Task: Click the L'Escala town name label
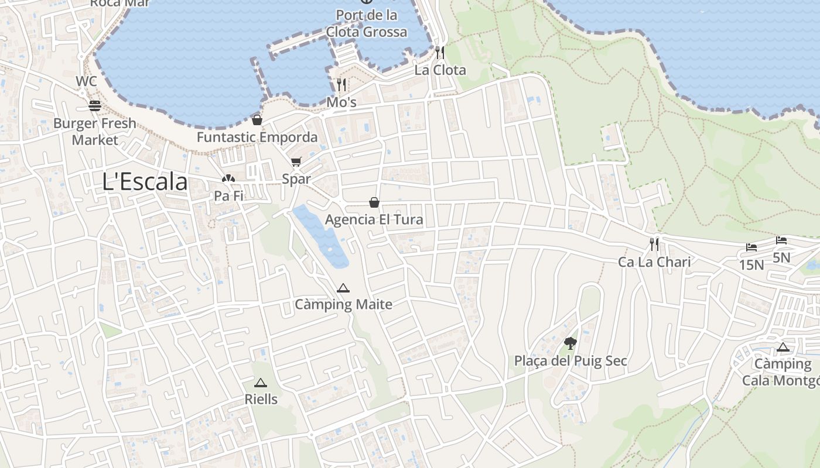pyautogui.click(x=145, y=182)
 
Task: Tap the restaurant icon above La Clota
pyautogui.click(x=440, y=53)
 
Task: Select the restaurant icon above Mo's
pyautogui.click(x=341, y=85)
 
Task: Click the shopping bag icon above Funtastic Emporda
pyautogui.click(x=257, y=120)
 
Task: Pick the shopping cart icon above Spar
pyautogui.click(x=296, y=161)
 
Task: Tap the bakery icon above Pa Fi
pyautogui.click(x=228, y=178)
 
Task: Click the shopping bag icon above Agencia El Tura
pyautogui.click(x=374, y=202)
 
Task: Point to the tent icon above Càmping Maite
pyautogui.click(x=343, y=287)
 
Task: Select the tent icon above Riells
pyautogui.click(x=261, y=383)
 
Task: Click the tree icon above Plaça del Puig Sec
pyautogui.click(x=570, y=343)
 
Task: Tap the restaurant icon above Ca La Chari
pyautogui.click(x=654, y=244)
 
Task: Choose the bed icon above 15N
pyautogui.click(x=751, y=247)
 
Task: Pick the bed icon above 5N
pyautogui.click(x=781, y=240)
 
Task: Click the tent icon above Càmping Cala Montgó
pyautogui.click(x=783, y=347)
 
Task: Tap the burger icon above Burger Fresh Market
pyautogui.click(x=95, y=106)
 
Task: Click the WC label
pyautogui.click(x=86, y=81)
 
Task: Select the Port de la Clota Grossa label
pyautogui.click(x=367, y=23)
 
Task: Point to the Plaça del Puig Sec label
pyautogui.click(x=570, y=361)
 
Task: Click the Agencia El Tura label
pyautogui.click(x=374, y=220)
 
